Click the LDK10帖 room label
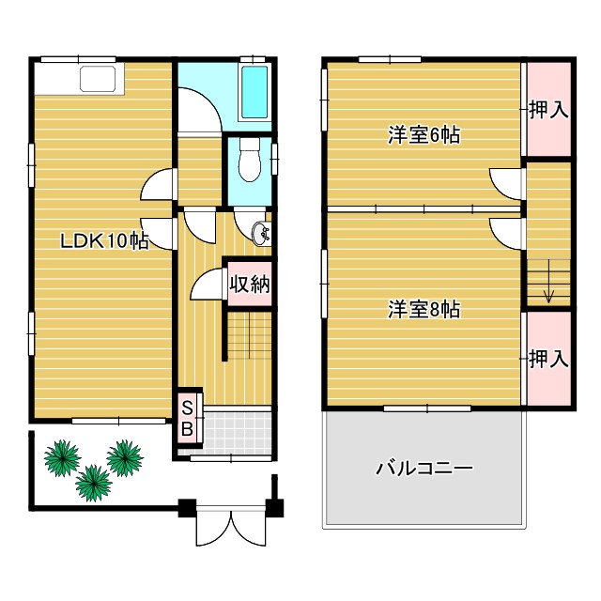[x=104, y=241]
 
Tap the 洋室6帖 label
[x=424, y=135]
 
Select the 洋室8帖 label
[x=424, y=309]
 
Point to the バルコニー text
[x=424, y=468]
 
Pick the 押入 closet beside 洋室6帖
[x=547, y=110]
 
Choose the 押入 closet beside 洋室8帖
[x=547, y=359]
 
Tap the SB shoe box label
[x=188, y=419]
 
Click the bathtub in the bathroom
[x=254, y=94]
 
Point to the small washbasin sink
[x=262, y=232]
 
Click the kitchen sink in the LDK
[x=97, y=80]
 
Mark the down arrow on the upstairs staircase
[x=548, y=294]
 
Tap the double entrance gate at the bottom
[x=230, y=528]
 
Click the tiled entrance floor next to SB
[x=238, y=431]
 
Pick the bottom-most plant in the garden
[x=93, y=483]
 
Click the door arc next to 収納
[x=208, y=286]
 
